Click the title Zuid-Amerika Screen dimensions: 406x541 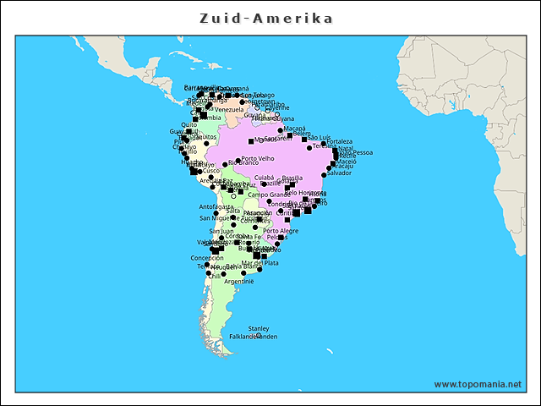(x=266, y=19)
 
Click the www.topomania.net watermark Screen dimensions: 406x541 (x=478, y=384)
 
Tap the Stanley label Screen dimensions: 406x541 (x=259, y=328)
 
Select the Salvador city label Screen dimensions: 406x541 (x=338, y=173)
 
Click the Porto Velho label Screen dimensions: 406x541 (x=258, y=158)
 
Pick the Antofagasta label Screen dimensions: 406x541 (x=216, y=206)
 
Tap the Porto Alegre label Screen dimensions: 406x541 (x=281, y=231)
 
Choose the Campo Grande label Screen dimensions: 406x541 (x=265, y=195)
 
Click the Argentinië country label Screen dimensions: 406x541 (x=238, y=281)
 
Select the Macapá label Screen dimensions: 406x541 (x=294, y=129)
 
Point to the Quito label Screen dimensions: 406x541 (x=189, y=124)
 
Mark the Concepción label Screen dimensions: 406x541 (x=207, y=258)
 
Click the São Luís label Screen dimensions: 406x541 (x=319, y=136)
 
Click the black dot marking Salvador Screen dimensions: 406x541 (x=324, y=175)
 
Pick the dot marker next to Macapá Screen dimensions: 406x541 (x=281, y=130)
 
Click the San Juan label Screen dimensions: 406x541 (x=221, y=231)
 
